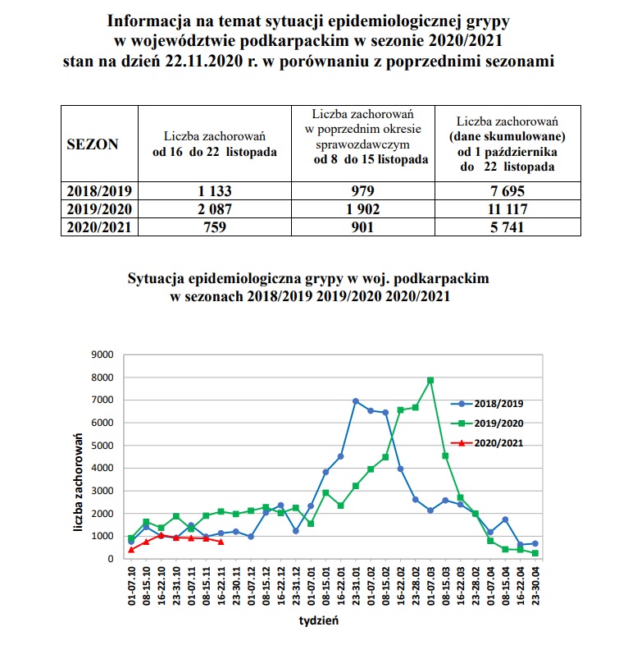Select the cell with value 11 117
click(x=508, y=208)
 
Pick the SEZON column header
click(x=92, y=144)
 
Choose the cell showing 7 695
click(x=508, y=190)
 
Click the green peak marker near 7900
click(x=430, y=381)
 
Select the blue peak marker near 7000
click(x=355, y=401)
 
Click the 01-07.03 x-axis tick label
click(x=430, y=583)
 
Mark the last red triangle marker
click(x=221, y=542)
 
